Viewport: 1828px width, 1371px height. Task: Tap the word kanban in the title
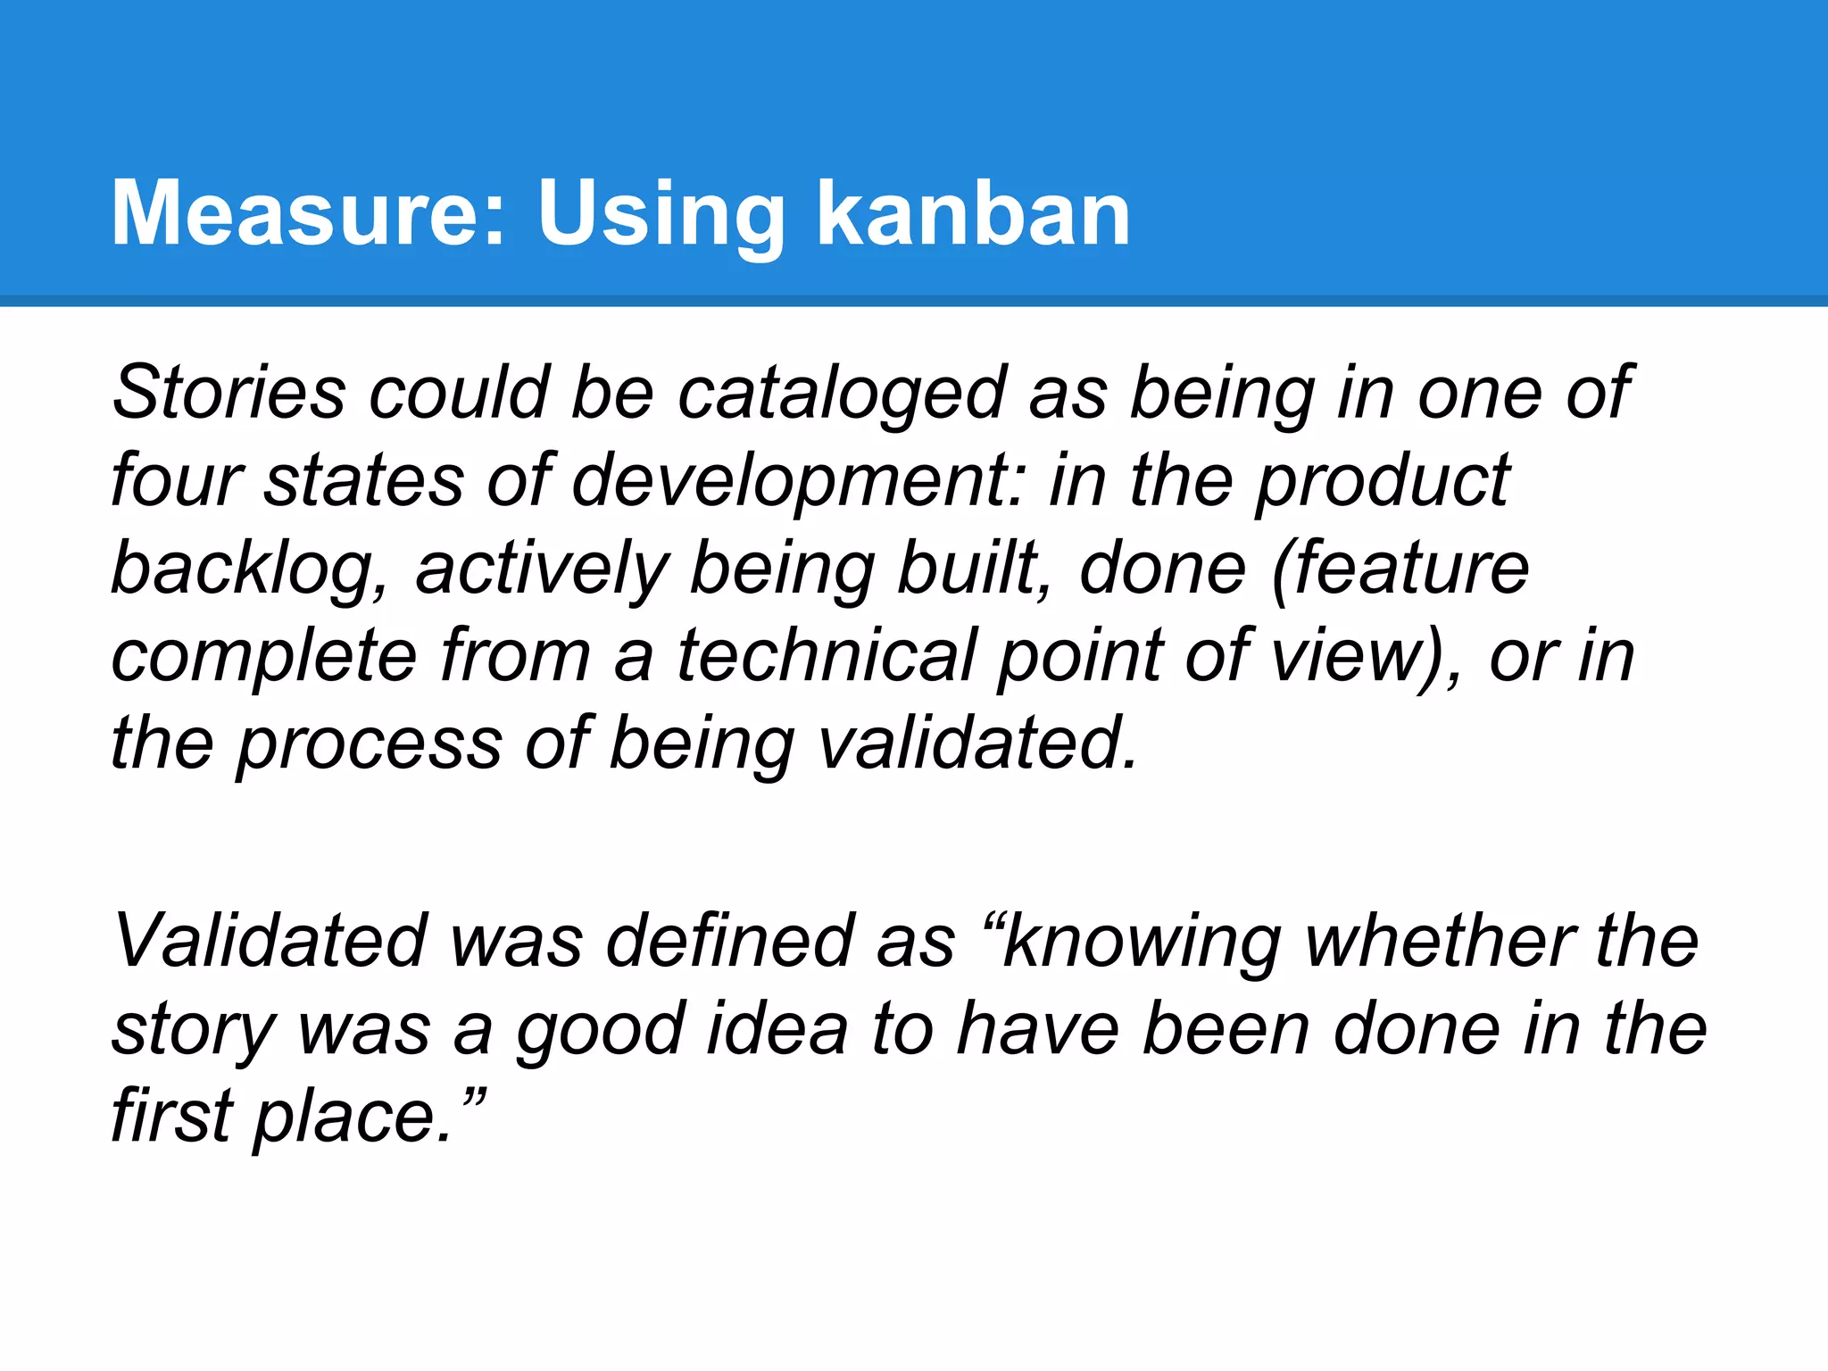tap(974, 213)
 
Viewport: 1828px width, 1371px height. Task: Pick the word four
tap(176, 480)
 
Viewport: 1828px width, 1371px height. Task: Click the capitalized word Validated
tap(270, 941)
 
